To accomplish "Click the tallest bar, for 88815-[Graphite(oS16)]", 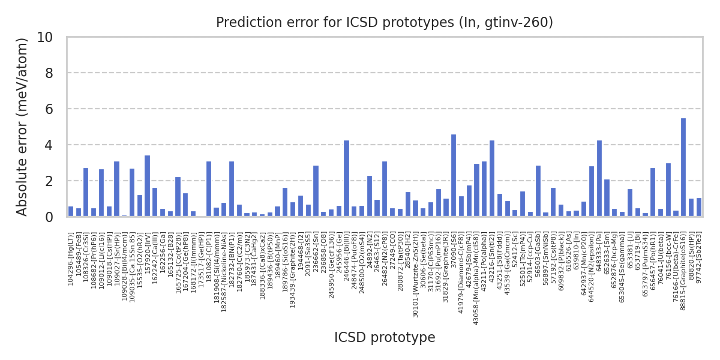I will coord(683,167).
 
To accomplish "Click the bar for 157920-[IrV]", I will coord(147,186).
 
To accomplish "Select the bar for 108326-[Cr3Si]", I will coord(86,192).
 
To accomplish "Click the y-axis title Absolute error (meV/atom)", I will coord(23,127).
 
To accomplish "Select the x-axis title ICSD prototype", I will coord(385,338).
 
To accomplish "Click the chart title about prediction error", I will coord(385,23).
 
